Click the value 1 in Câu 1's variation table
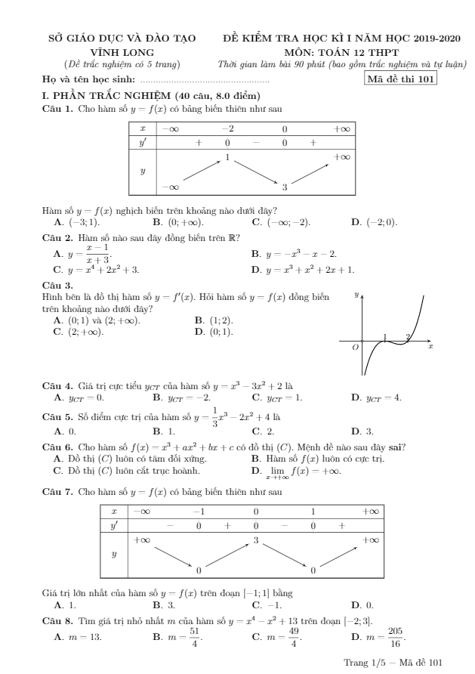[x=227, y=157]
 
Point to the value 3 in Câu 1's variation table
[x=285, y=186]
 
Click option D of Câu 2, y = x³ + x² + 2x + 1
[x=302, y=269]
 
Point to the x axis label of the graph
[x=430, y=346]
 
